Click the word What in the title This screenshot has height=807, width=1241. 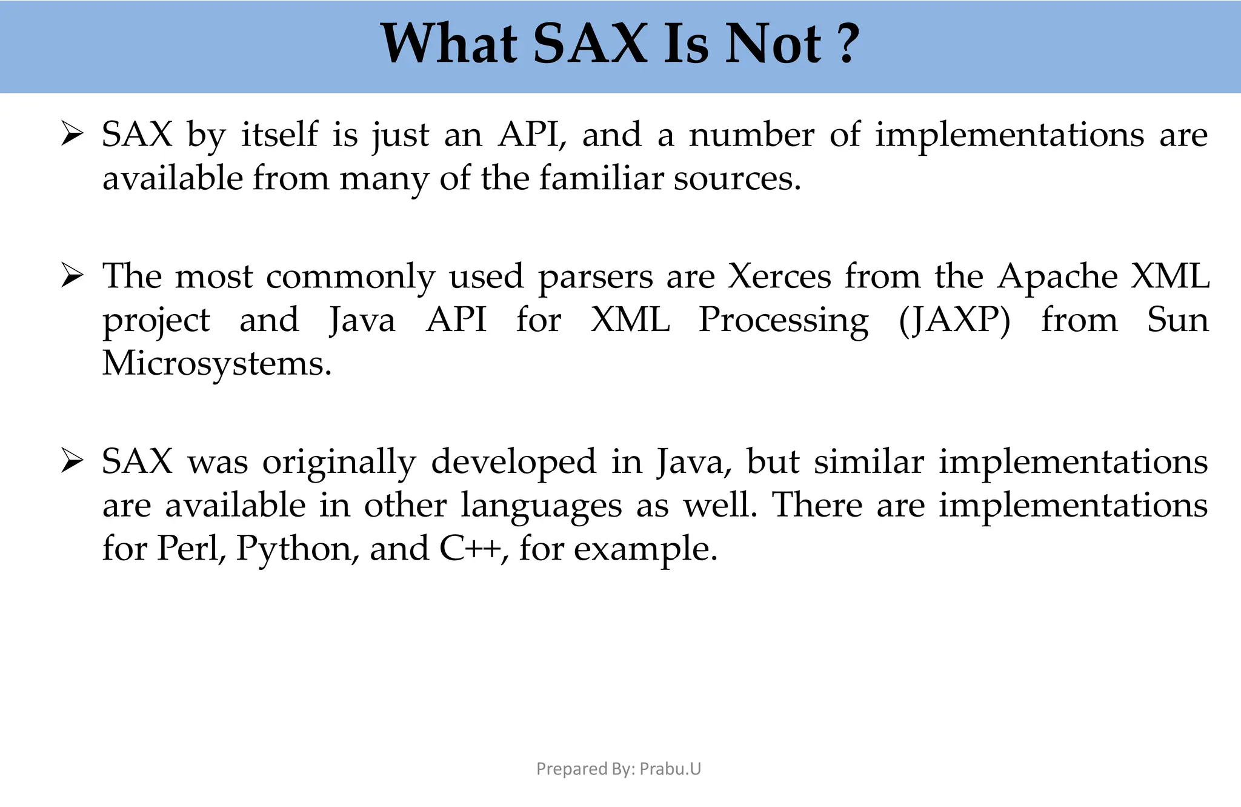pos(449,44)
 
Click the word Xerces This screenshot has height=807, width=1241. pos(779,276)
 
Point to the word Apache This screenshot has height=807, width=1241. pos(1057,276)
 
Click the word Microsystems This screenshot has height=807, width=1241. pos(216,364)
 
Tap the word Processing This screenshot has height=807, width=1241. pos(783,321)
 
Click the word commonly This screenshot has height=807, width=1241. pos(350,278)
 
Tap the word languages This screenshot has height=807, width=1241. pos(541,506)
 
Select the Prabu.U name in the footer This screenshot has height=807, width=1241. pos(670,769)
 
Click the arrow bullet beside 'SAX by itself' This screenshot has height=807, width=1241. pos(72,135)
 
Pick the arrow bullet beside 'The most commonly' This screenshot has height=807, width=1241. pos(72,277)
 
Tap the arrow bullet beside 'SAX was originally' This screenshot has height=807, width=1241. pos(72,462)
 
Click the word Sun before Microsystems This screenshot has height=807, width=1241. pos(1177,320)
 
